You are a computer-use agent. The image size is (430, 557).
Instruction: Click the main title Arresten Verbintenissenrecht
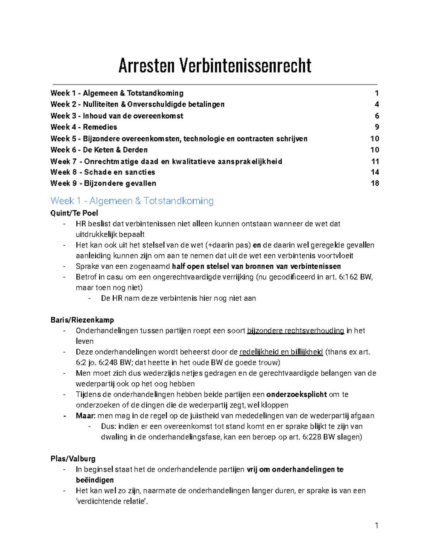[x=215, y=66]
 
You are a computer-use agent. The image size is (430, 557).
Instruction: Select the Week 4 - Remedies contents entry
[x=83, y=127]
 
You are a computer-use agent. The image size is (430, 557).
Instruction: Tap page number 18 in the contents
[x=374, y=183]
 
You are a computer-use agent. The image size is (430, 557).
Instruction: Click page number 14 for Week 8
[x=374, y=172]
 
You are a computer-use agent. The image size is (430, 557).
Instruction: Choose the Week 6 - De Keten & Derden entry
[x=99, y=150]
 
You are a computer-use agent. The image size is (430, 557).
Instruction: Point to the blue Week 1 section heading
[x=132, y=201]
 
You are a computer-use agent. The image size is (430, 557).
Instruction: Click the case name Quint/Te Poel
[x=74, y=213]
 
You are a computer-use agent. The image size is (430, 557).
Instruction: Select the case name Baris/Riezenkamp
[x=82, y=320]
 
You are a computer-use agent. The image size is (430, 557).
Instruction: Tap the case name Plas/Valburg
[x=73, y=459]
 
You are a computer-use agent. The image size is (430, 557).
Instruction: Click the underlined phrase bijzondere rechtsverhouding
[x=296, y=331]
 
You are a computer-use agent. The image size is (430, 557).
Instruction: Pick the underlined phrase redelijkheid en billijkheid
[x=281, y=352]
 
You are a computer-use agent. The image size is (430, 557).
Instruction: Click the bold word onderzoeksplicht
[x=296, y=395]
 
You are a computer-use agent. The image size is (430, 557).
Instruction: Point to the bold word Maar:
[x=86, y=416]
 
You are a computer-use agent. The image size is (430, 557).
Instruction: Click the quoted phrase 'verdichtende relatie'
[x=112, y=501]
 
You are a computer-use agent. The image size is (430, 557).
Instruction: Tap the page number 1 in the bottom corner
[x=376, y=526]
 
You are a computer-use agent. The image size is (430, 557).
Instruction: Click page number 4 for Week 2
[x=377, y=104]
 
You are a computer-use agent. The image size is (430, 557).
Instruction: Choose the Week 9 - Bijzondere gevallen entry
[x=103, y=183]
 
